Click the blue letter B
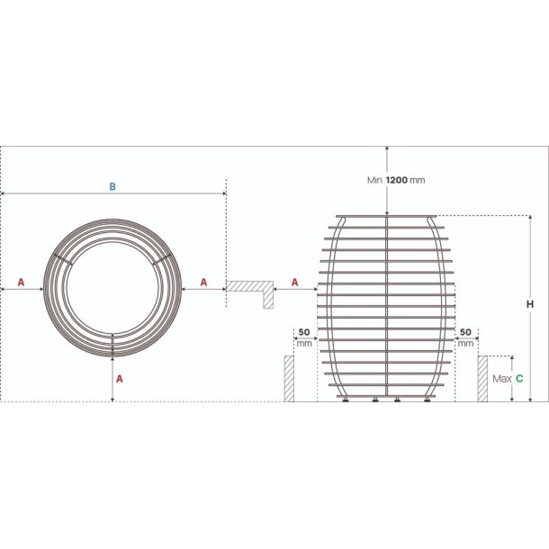click(112, 186)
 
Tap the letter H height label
click(530, 304)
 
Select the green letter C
click(519, 379)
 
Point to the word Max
click(502, 379)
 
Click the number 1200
click(397, 180)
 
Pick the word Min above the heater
click(374, 180)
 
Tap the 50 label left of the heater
click(304, 332)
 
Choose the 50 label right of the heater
click(465, 332)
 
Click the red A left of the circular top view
click(21, 283)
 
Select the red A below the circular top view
click(120, 379)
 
